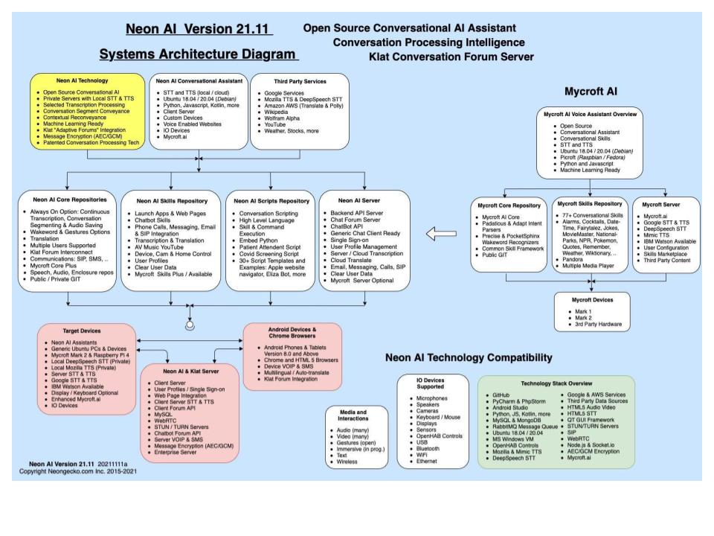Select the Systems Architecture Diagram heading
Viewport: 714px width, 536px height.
pos(199,55)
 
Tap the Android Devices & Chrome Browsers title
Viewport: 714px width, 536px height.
pos(293,332)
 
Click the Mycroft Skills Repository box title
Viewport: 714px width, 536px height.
pos(590,203)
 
